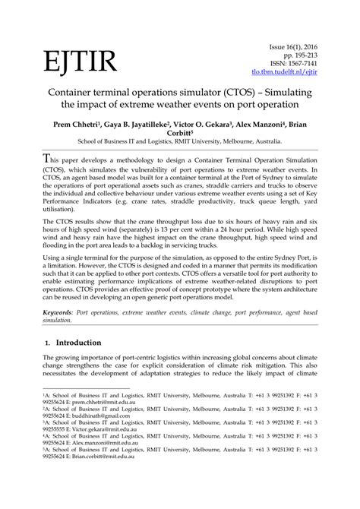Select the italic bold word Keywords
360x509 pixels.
point(62,312)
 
